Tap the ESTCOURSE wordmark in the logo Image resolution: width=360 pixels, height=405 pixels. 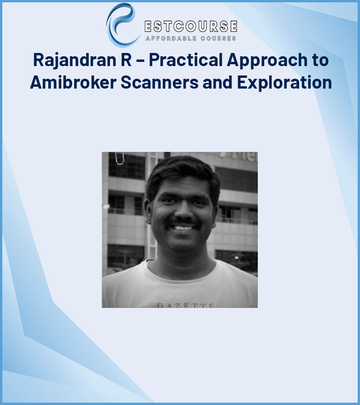190,26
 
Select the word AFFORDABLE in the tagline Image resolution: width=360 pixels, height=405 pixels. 171,38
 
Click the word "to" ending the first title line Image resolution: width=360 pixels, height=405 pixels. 319,60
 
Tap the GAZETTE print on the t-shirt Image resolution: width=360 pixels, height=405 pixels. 186,305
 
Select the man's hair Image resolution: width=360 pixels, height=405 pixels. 180,171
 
